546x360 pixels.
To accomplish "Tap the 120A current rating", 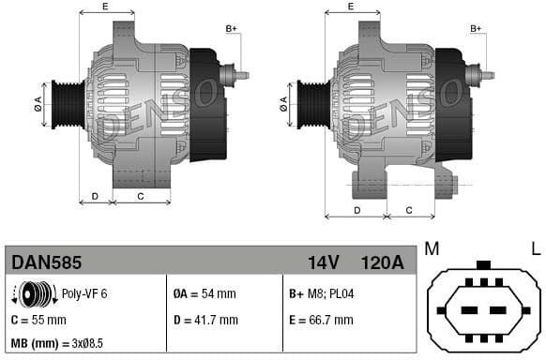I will pyautogui.click(x=383, y=262).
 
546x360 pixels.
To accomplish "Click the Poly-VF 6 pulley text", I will pyautogui.click(x=84, y=293).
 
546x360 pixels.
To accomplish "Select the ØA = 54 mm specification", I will pyautogui.click(x=205, y=293).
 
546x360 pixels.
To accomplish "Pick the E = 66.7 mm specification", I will pyautogui.click(x=321, y=319).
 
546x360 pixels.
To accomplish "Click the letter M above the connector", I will pyautogui.click(x=432, y=248).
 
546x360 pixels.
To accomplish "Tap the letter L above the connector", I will pyautogui.click(x=536, y=248).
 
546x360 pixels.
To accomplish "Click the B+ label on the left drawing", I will pyautogui.click(x=232, y=29).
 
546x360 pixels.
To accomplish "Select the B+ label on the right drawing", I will pyautogui.click(x=476, y=29).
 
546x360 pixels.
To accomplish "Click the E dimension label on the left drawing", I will pyautogui.click(x=105, y=7).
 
